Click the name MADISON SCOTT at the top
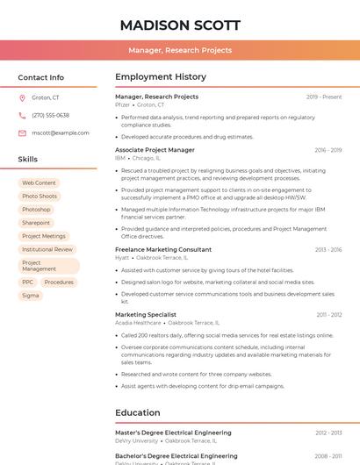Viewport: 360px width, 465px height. click(x=179, y=24)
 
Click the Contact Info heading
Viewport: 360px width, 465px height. click(x=41, y=77)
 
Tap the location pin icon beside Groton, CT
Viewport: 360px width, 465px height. click(x=22, y=97)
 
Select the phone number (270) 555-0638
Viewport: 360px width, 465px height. click(x=50, y=115)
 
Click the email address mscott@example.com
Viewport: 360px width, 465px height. click(x=61, y=132)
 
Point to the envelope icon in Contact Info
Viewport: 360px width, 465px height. click(x=22, y=132)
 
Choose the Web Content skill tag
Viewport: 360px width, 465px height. click(x=39, y=182)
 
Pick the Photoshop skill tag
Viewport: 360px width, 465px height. click(x=36, y=210)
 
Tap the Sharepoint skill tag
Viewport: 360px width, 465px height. click(x=36, y=223)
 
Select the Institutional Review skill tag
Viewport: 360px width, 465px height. click(x=47, y=249)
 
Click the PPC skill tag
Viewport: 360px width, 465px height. click(x=28, y=283)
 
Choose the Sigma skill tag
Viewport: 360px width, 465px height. click(x=31, y=296)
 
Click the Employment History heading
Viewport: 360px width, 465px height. click(x=161, y=77)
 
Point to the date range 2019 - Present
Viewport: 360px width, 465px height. click(x=324, y=97)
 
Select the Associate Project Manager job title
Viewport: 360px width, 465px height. click(x=155, y=150)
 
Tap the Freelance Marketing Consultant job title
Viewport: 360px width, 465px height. click(x=163, y=249)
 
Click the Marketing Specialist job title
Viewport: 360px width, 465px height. click(x=146, y=314)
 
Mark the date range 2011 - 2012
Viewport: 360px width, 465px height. click(x=329, y=314)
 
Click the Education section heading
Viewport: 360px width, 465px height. click(x=138, y=412)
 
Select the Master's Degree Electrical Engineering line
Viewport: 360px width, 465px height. click(x=173, y=433)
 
